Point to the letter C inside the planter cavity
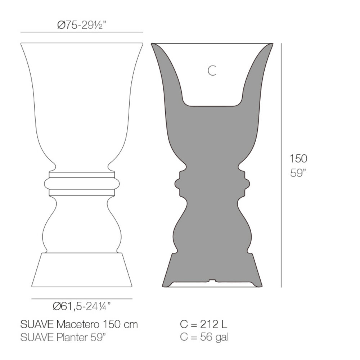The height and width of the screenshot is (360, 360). [x=212, y=71]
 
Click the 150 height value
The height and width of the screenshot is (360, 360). [x=298, y=158]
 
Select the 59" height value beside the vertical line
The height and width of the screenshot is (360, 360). [x=298, y=173]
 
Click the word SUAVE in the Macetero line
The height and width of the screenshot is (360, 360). [x=37, y=324]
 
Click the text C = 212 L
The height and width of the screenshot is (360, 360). [x=203, y=324]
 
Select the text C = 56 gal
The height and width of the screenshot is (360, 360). [x=204, y=337]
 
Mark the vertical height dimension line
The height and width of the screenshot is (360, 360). [x=281, y=166]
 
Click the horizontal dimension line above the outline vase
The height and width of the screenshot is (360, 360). [x=82, y=32]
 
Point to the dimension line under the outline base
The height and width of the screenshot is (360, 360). [x=82, y=299]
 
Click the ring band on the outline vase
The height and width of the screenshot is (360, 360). [x=82, y=183]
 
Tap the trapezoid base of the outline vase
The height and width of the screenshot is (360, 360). [x=82, y=270]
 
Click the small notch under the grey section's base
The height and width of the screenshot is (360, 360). [x=212, y=280]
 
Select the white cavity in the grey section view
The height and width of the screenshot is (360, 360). [x=212, y=83]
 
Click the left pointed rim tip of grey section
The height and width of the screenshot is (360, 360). [x=153, y=45]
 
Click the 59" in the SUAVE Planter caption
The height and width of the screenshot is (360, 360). [x=99, y=337]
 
